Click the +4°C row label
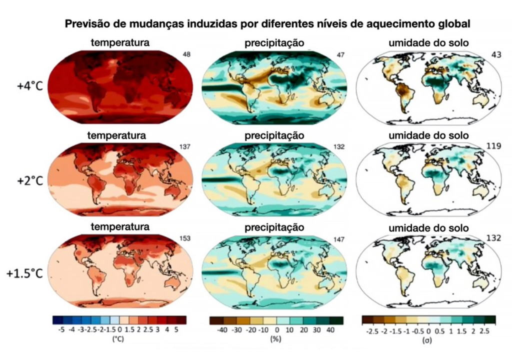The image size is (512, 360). [29, 85]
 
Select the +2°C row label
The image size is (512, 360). [29, 180]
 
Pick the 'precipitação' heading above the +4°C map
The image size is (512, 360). [274, 43]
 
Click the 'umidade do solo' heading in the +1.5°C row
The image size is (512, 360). [428, 228]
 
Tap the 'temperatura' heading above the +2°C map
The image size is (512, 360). [116, 135]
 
